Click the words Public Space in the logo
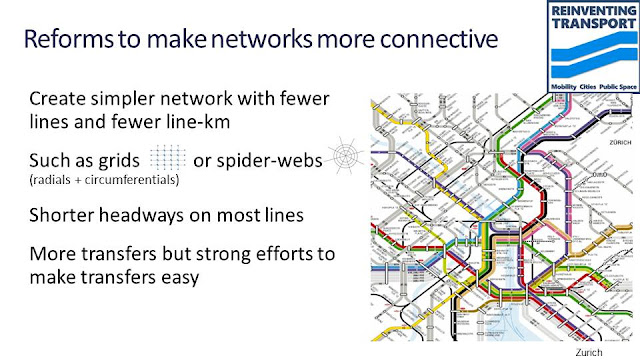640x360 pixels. coord(615,88)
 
